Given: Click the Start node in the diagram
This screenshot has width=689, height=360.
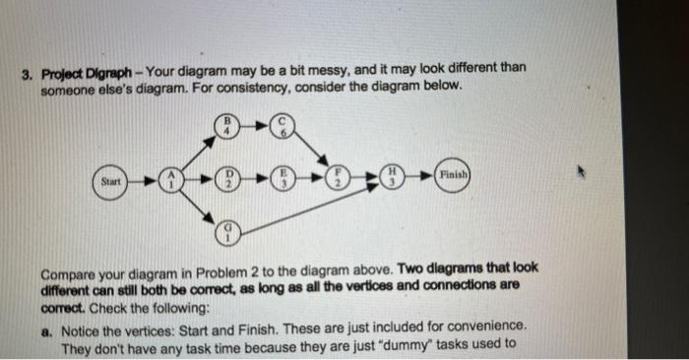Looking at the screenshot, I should pyautogui.click(x=110, y=181).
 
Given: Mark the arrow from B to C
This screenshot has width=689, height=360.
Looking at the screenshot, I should pyautogui.click(x=259, y=125).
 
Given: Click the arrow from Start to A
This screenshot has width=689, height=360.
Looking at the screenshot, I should pyautogui.click(x=142, y=182).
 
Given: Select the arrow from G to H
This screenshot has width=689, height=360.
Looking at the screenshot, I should pyautogui.click(x=310, y=209).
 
